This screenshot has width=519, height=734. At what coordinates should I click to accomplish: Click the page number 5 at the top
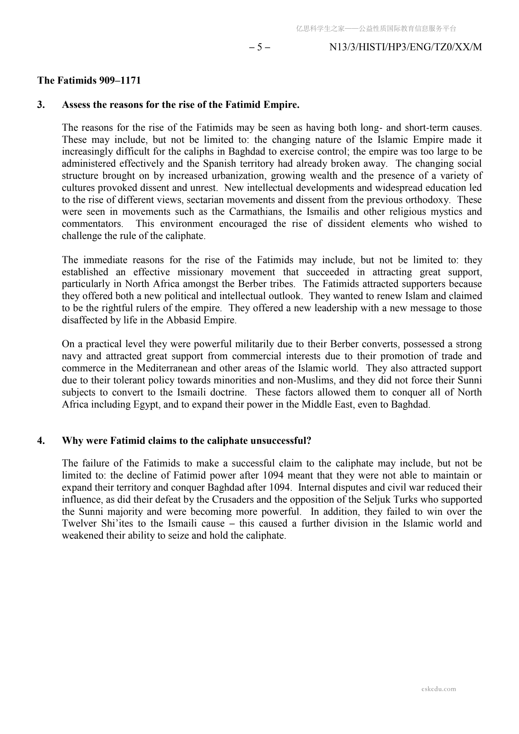coord(259,47)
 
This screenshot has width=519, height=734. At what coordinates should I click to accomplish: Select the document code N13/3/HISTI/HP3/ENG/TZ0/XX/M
coord(405,47)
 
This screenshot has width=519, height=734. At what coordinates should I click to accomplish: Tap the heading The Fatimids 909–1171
coord(89,80)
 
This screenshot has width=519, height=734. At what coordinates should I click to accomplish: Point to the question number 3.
coord(41,105)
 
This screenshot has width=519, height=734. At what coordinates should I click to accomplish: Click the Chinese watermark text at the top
coord(376,29)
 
